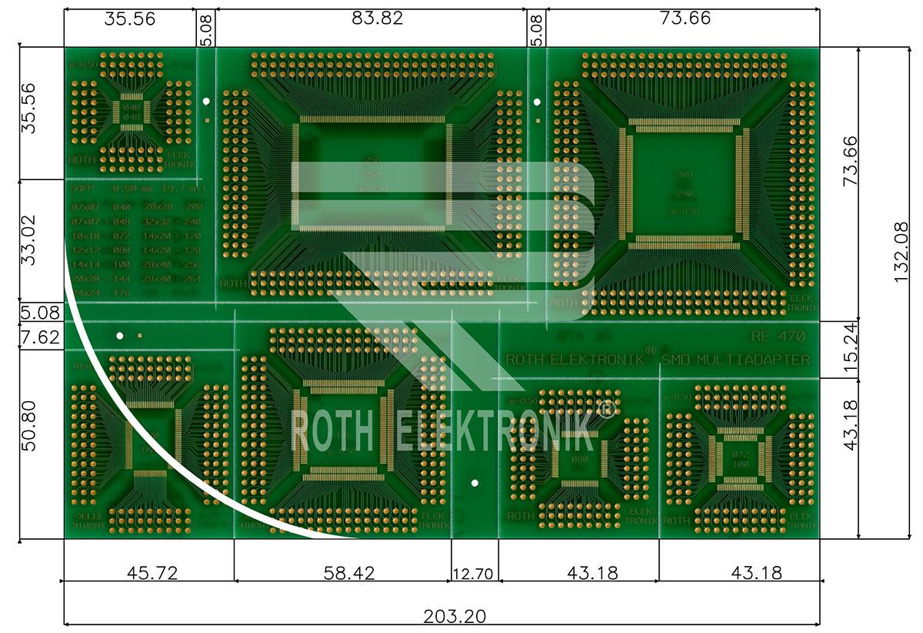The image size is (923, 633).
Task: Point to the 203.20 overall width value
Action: pos(454,617)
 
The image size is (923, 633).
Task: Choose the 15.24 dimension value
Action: pos(851,349)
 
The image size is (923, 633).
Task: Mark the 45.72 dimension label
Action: pos(146,573)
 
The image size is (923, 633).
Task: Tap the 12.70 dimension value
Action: pos(475,574)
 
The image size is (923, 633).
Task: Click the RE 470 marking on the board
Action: pos(778,336)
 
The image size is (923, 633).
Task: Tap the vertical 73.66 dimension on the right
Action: pos(851,160)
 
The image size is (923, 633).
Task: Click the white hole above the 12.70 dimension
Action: pos(475,484)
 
